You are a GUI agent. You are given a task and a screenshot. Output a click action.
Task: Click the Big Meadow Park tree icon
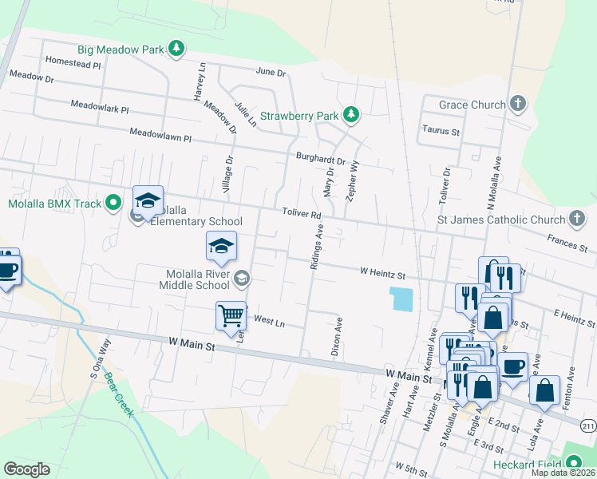[x=176, y=49]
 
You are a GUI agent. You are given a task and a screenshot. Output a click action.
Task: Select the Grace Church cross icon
[x=518, y=104]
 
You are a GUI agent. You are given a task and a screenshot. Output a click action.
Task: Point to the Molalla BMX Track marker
[x=113, y=204]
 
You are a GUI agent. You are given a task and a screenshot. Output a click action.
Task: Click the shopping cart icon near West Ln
[x=231, y=315]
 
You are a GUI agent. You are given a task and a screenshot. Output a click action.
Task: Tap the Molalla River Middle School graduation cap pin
[x=221, y=245]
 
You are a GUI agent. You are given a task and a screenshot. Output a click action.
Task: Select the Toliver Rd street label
[x=302, y=215]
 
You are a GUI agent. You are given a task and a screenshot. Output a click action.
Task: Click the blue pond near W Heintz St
[x=402, y=299]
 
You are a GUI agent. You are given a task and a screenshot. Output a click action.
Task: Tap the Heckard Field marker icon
[x=573, y=463]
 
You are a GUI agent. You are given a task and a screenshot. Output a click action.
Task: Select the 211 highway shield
[x=588, y=427]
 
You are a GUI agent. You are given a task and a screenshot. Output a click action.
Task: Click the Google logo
[x=26, y=469]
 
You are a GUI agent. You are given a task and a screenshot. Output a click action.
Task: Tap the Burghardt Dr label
[x=320, y=160]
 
